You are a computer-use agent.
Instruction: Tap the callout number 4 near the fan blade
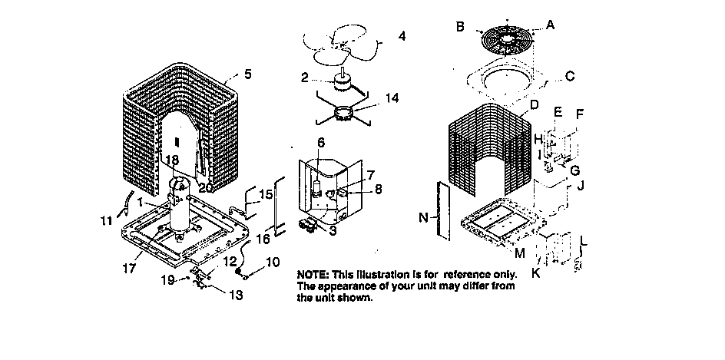click(402, 36)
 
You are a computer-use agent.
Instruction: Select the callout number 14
click(392, 97)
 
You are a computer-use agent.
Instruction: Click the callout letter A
click(549, 25)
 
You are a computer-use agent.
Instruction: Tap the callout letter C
click(569, 76)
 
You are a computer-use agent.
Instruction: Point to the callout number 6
click(321, 143)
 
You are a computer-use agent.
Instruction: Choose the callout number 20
click(205, 188)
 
